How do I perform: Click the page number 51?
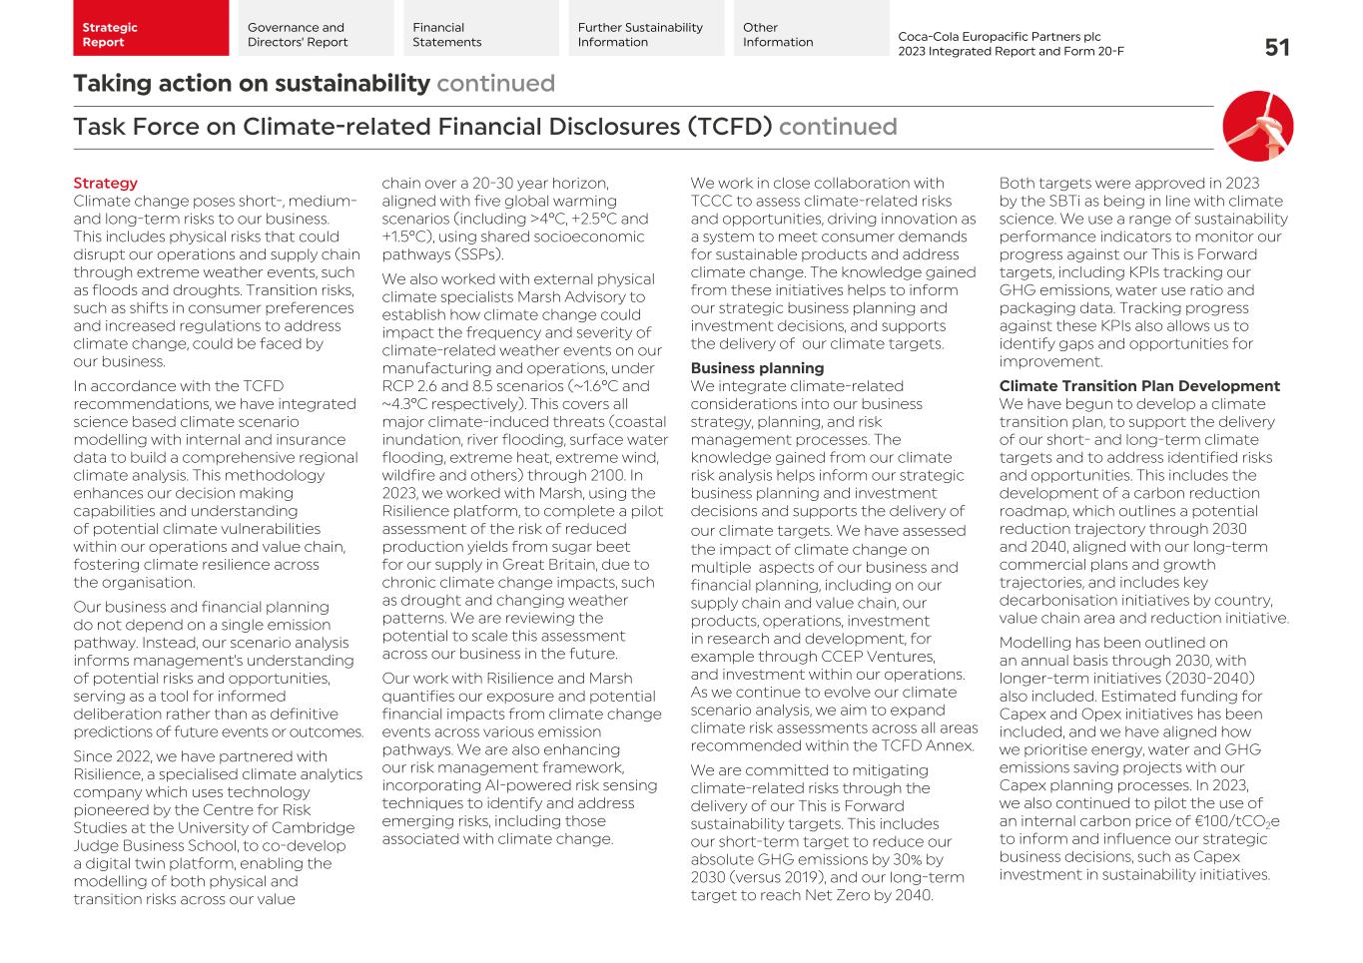(x=1276, y=48)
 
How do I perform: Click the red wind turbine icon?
(x=1257, y=127)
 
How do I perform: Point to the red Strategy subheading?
(x=105, y=184)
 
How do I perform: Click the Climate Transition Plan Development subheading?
(x=1138, y=386)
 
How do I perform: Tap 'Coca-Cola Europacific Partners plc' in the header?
(x=999, y=37)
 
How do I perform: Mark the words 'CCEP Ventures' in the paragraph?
(x=885, y=657)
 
